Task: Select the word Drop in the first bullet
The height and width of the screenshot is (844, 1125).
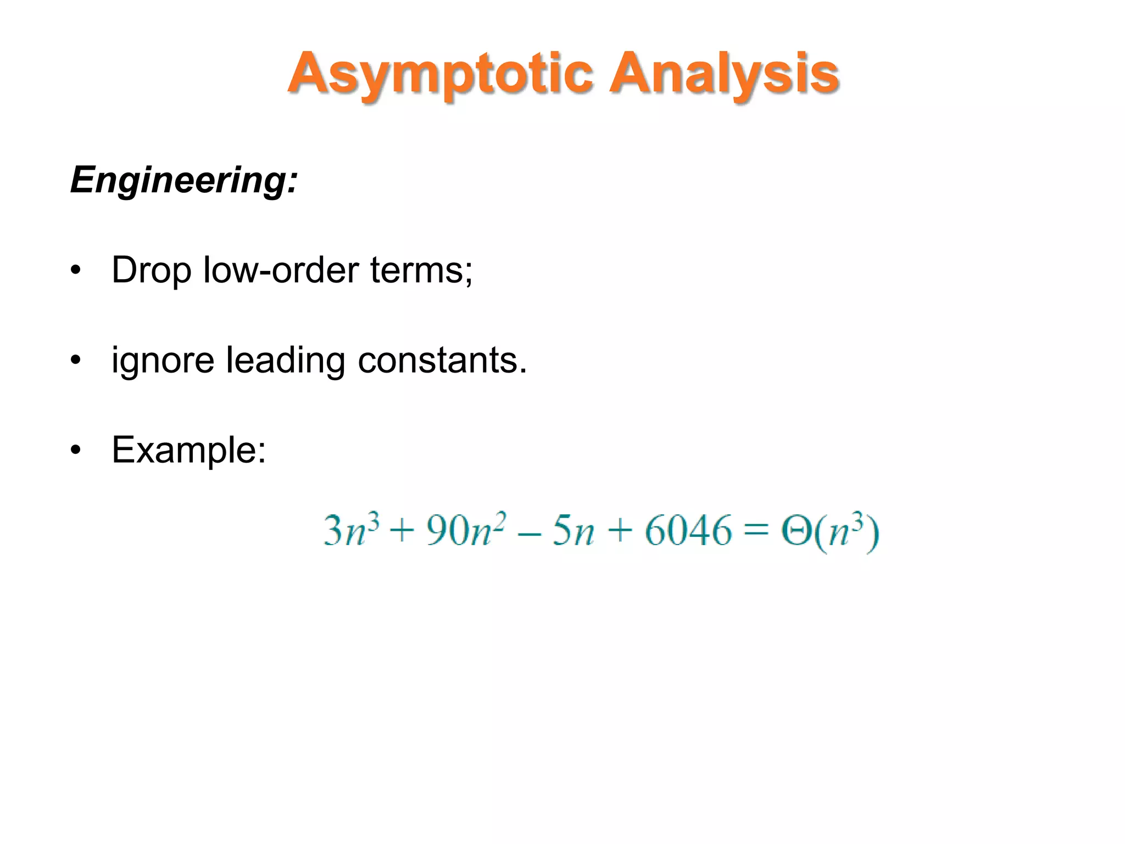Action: [x=151, y=270]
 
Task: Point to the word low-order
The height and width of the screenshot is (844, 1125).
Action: [x=280, y=270]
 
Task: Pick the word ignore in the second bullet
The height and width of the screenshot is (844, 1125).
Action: [x=163, y=361]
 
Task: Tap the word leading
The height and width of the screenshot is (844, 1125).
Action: [x=286, y=361]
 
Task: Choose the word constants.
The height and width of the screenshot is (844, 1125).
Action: [x=442, y=361]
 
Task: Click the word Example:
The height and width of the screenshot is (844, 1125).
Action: [x=189, y=451]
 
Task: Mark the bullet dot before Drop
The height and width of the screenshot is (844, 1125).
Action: [x=76, y=270]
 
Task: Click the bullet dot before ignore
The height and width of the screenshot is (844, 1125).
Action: [x=76, y=360]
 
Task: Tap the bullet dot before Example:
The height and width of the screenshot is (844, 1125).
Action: [x=76, y=451]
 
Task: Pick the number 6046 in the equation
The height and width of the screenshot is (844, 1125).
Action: [x=688, y=531]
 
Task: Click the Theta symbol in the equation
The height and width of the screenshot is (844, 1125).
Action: [x=796, y=531]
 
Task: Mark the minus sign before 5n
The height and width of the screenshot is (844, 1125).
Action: [x=529, y=533]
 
